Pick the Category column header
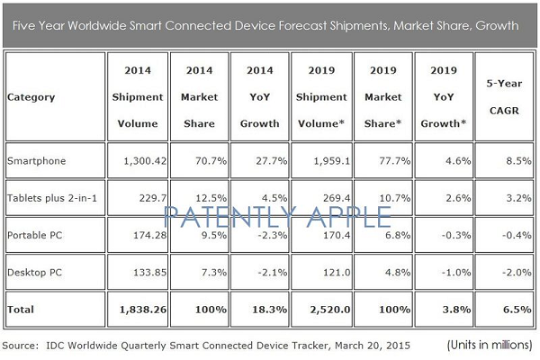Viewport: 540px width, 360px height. click(31, 95)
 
